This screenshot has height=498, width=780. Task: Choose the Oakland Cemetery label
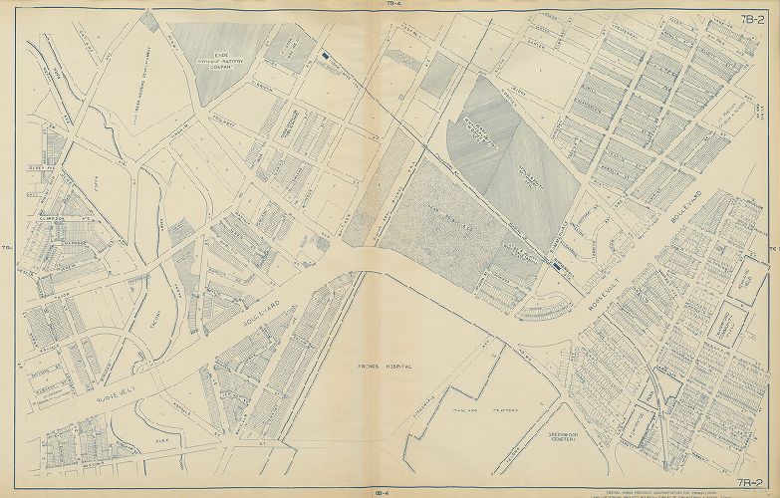(x=468, y=409)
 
